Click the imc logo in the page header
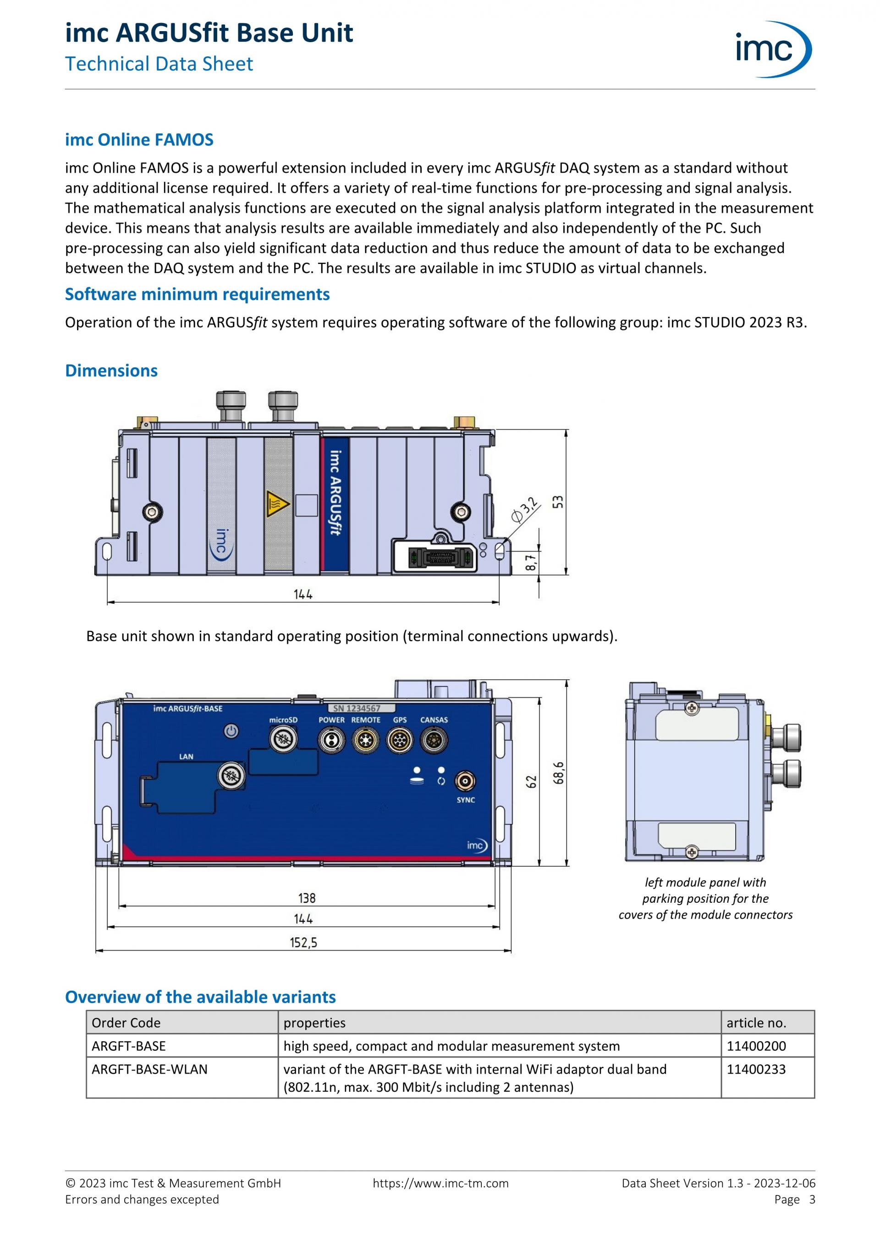(x=772, y=49)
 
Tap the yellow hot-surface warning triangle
(x=277, y=504)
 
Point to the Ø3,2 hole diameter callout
(x=525, y=510)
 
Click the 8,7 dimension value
(x=531, y=562)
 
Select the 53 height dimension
(x=558, y=502)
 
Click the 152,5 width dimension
(x=303, y=942)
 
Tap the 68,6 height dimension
(x=558, y=773)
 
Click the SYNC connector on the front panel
(x=465, y=781)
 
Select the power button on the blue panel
(x=231, y=731)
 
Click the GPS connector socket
(x=400, y=740)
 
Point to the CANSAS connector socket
(x=434, y=740)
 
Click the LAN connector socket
(x=231, y=776)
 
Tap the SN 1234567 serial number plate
(x=361, y=708)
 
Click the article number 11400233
(x=756, y=1069)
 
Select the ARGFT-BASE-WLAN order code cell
(x=150, y=1069)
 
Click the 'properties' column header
(x=314, y=1022)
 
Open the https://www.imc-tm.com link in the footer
(x=440, y=1184)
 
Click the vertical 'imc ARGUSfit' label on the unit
(x=335, y=493)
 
